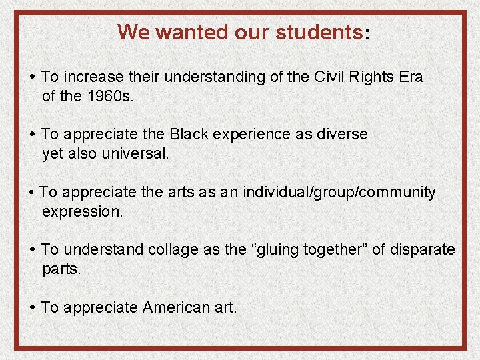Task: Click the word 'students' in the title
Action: (319, 32)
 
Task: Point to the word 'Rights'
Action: (373, 77)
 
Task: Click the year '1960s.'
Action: (109, 96)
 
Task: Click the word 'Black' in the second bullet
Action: (189, 134)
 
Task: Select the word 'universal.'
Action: (136, 153)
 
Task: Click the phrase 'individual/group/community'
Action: (339, 193)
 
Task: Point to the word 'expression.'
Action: (82, 212)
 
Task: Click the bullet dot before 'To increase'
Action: (33, 77)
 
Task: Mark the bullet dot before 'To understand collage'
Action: (33, 250)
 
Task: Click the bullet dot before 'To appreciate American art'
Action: (33, 307)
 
